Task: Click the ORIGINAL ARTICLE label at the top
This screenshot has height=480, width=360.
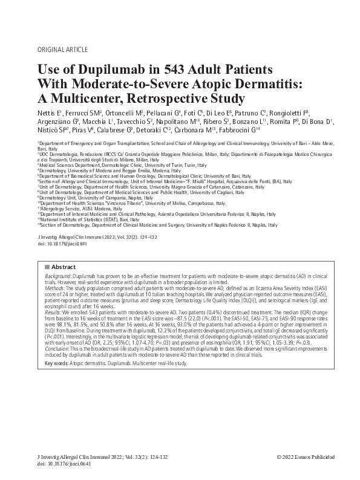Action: (x=63, y=49)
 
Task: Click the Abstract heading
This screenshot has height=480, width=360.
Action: (x=63, y=266)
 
